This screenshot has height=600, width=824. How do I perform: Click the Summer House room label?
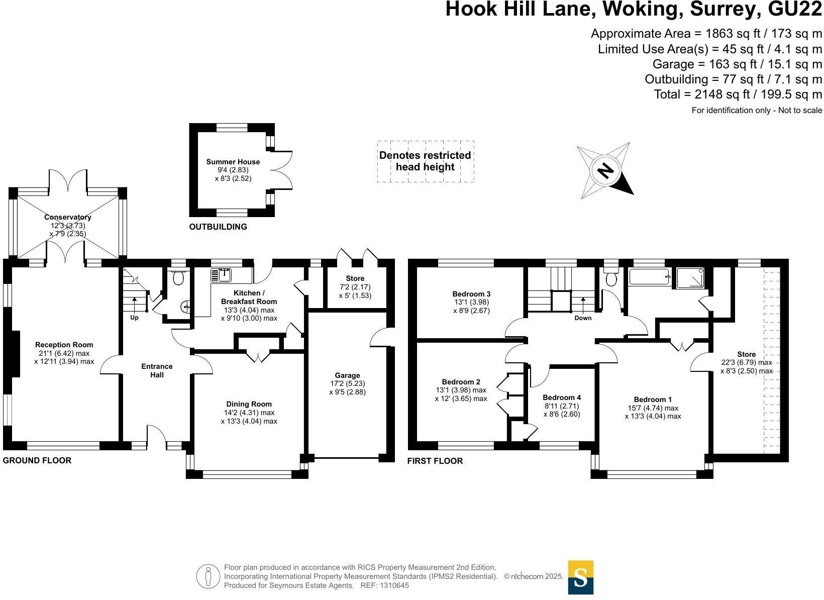tap(233, 162)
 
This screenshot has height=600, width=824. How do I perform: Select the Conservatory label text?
tap(67, 217)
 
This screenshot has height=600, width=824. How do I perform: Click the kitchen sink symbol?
tap(221, 275)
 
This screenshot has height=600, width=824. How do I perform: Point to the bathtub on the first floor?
tap(650, 277)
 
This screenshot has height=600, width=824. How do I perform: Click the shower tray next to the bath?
tap(691, 278)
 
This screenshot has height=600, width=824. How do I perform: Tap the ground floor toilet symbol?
tap(178, 277)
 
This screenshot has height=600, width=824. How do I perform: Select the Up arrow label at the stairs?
tap(134, 318)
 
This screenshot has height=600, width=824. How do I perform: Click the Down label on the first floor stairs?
tap(583, 318)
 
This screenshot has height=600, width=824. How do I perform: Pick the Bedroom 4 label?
tap(562, 397)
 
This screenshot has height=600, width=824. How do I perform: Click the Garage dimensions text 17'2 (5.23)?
tap(347, 383)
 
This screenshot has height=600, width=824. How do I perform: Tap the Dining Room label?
tap(249, 404)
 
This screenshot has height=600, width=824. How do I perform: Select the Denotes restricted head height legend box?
tap(425, 161)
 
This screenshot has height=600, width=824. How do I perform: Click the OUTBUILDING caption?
tap(218, 227)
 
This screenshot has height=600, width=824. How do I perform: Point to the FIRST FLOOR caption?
tap(435, 461)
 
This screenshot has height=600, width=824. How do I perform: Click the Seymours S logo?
tap(580, 577)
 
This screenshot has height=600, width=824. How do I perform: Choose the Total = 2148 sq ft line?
tap(738, 94)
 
